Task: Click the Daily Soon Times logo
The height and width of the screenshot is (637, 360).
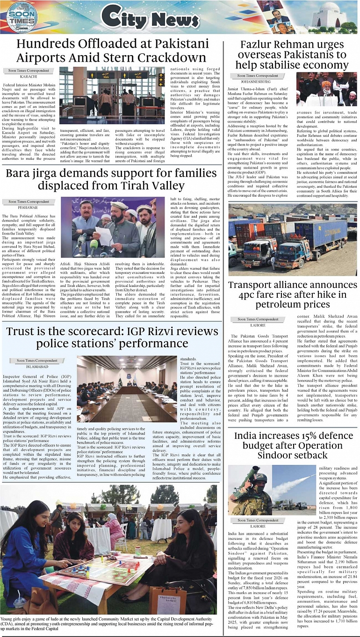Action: [x=22, y=17]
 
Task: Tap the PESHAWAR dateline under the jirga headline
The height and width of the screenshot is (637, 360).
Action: [x=29, y=207]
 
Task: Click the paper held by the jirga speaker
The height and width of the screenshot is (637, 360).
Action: [x=104, y=235]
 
